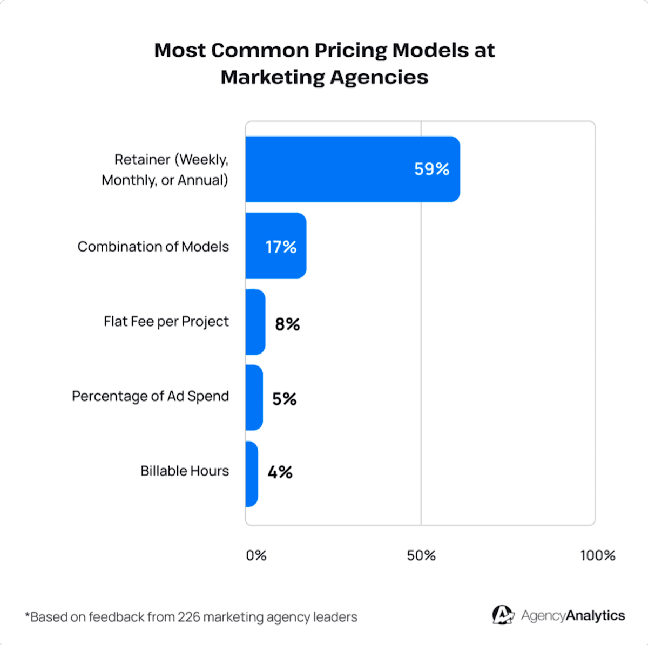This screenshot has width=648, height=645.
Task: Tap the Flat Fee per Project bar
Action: point(255,322)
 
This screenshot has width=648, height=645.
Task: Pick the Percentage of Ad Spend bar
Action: point(254,398)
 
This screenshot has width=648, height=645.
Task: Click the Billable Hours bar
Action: point(251,474)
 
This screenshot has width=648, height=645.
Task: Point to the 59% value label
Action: point(431,169)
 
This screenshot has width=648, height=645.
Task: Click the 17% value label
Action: point(281,247)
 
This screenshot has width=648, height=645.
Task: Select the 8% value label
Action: point(287,324)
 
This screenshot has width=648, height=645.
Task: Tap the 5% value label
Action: point(285,399)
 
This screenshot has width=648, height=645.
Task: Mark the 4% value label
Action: point(280,472)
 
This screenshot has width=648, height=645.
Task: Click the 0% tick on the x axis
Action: point(256,555)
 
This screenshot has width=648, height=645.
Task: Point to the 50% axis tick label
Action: point(421,555)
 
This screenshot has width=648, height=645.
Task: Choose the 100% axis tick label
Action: point(598,555)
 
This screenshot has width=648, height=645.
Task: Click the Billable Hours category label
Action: point(185,471)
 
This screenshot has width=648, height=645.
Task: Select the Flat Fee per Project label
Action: point(166,322)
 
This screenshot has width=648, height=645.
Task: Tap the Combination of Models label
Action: point(153,247)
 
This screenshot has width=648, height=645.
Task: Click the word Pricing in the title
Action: point(351,51)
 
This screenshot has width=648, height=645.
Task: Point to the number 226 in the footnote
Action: point(189,617)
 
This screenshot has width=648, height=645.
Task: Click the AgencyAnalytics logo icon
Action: point(503,615)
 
